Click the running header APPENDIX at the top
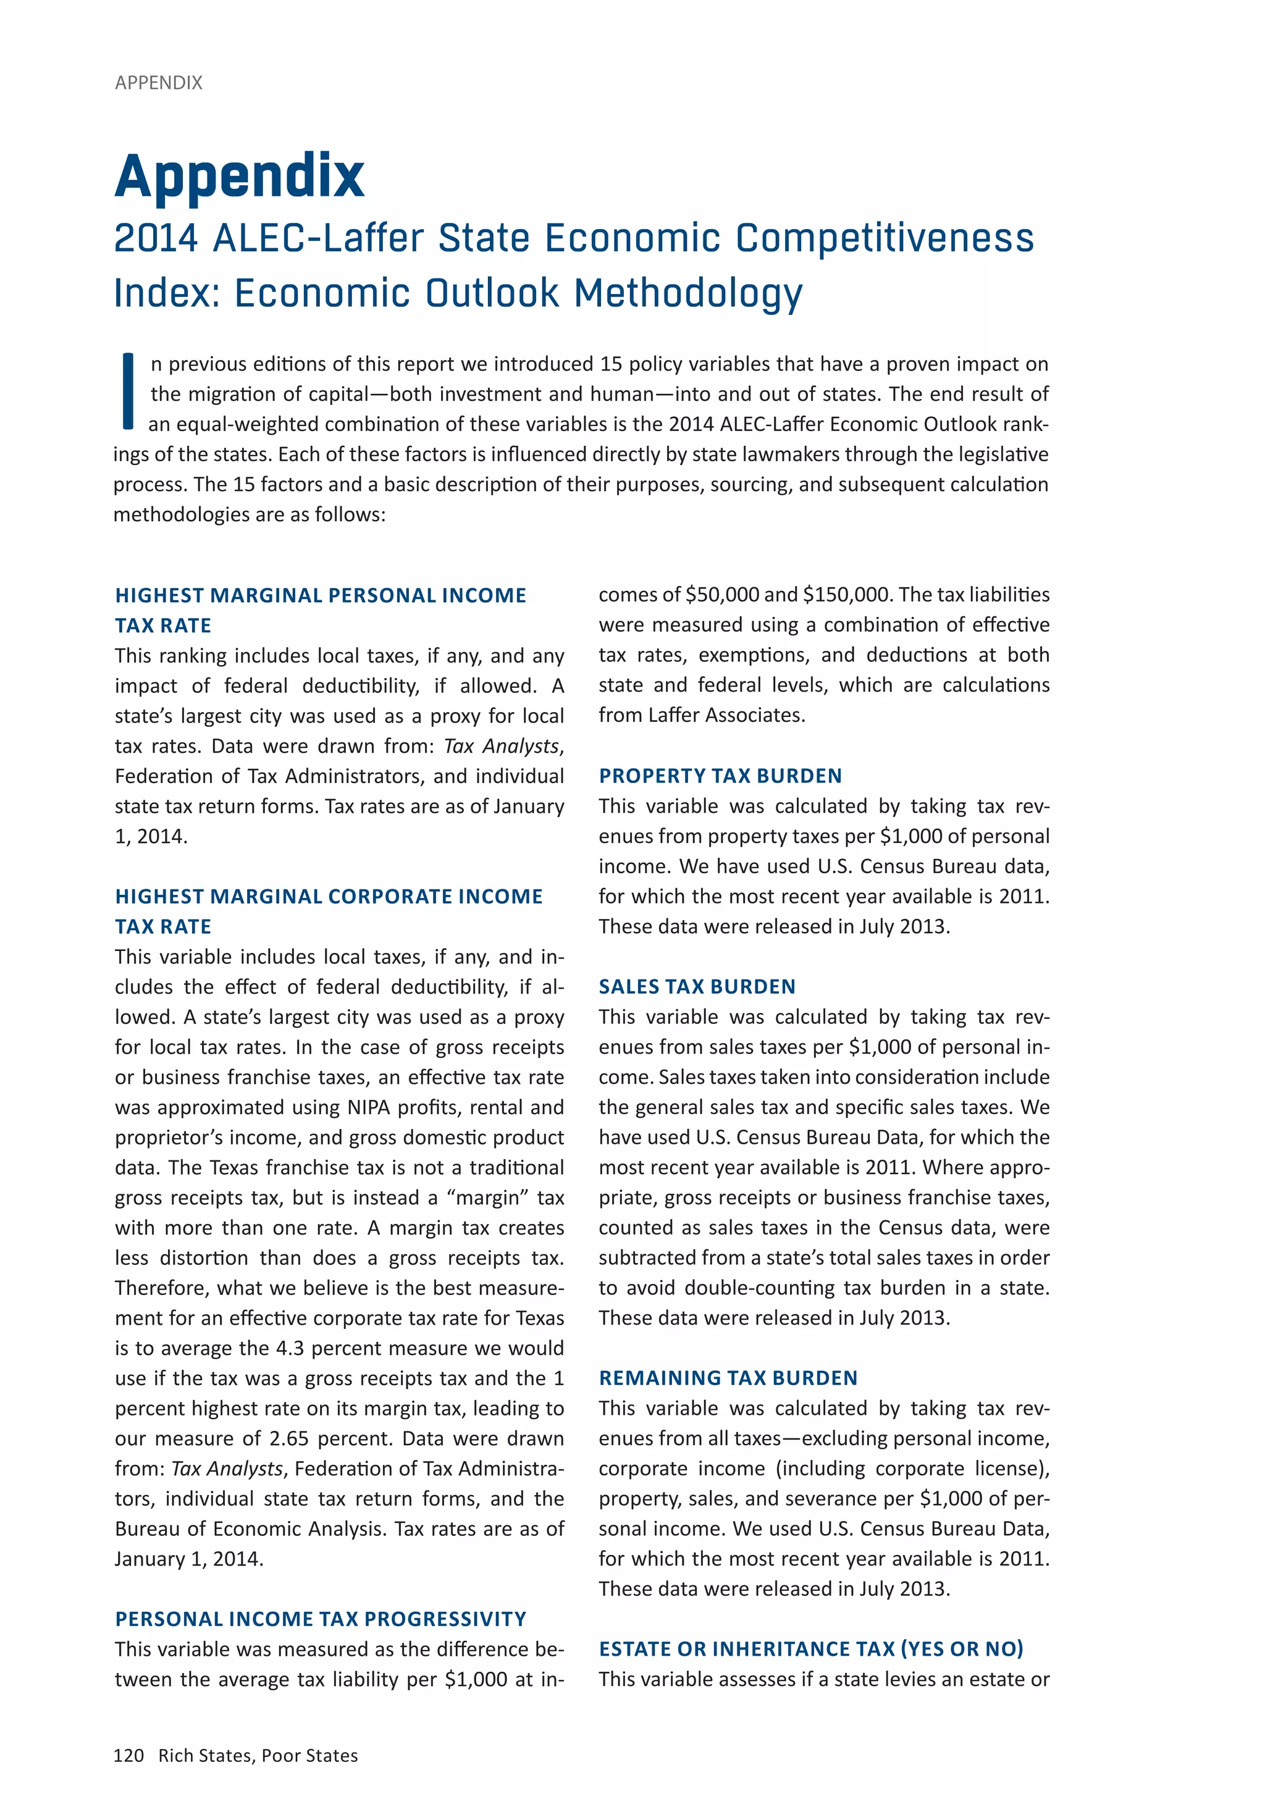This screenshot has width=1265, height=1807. click(158, 83)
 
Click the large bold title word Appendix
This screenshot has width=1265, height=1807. click(239, 175)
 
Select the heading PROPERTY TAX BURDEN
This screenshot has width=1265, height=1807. click(720, 776)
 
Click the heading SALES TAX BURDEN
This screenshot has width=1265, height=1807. click(697, 987)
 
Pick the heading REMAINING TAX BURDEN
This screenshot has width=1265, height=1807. click(728, 1378)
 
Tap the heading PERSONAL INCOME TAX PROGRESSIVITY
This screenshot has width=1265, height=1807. click(321, 1619)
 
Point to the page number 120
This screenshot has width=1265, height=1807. click(129, 1756)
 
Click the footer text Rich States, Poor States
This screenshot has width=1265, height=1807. click(258, 1756)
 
